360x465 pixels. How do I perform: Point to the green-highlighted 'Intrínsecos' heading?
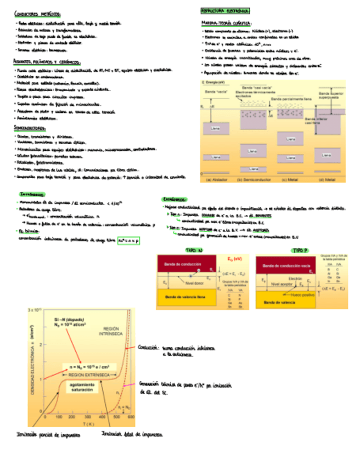coord(33,194)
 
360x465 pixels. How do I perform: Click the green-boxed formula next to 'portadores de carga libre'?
coord(128,240)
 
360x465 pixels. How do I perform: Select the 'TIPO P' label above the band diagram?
coord(299,250)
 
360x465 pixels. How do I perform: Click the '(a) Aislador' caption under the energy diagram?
coord(217,179)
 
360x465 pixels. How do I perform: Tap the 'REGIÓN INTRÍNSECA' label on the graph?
coord(112,332)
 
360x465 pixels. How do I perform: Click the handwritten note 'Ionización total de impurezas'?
coord(132,434)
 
